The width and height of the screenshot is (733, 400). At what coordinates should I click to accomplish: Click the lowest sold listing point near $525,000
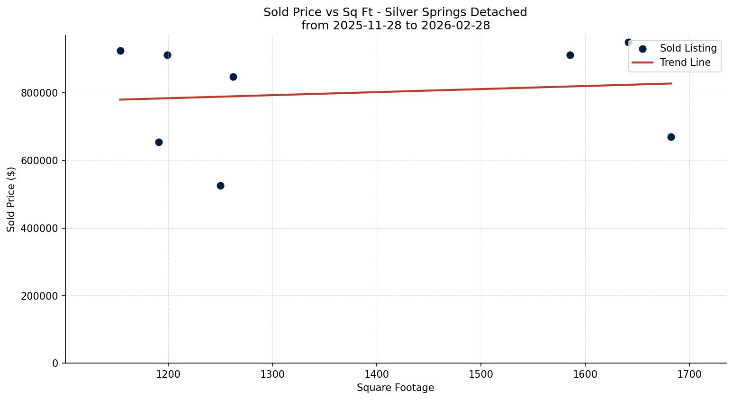point(220,186)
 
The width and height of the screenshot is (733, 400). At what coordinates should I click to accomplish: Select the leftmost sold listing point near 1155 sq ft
point(120,51)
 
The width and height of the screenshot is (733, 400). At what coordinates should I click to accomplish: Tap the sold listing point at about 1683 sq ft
point(671,137)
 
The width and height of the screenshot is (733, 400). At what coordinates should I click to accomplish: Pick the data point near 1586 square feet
point(570,55)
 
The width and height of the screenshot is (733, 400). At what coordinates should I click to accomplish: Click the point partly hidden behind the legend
point(628,42)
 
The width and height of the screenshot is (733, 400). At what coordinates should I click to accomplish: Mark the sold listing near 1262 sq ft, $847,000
point(233,77)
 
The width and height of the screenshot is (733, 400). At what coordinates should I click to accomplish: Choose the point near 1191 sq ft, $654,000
point(159,142)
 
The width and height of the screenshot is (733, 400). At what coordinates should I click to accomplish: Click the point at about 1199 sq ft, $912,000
point(167,55)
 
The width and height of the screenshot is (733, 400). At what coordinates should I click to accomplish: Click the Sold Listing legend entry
point(688,48)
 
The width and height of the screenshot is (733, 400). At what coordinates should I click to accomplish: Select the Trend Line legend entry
point(685,62)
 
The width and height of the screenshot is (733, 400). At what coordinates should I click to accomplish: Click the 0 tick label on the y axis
point(55,364)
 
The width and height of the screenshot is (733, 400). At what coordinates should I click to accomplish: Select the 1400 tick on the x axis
point(377,374)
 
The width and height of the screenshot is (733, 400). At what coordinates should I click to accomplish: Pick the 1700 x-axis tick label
point(689,374)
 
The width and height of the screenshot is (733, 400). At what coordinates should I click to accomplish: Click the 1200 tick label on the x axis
point(168,374)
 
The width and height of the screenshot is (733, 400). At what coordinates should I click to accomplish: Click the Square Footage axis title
point(395,388)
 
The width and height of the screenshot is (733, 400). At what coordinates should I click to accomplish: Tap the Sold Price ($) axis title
point(11,199)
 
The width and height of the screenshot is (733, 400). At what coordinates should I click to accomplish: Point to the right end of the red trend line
point(671,83)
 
